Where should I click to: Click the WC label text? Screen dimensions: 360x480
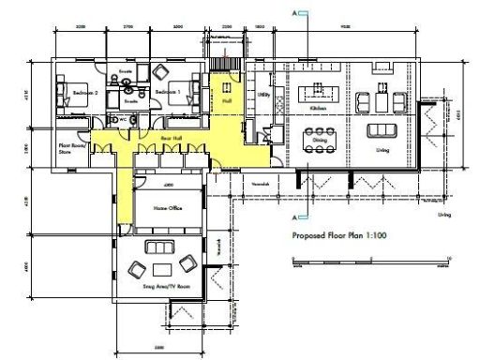point(123,120)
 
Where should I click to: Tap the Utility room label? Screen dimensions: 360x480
point(262,95)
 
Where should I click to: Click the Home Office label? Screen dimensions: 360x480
point(168,208)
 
